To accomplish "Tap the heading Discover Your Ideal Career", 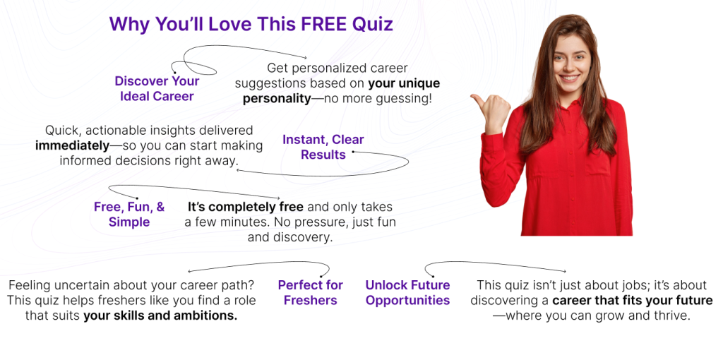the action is pos(157,88).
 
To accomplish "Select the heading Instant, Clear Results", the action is pos(323,147).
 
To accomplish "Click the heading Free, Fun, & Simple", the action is pos(129,215).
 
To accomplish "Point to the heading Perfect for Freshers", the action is pos(311,293).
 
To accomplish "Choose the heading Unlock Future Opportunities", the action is pos(407,293).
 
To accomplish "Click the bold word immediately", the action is pos(73,145).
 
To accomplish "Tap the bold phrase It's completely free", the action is pos(245,207).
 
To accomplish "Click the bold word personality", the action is pos(277,99).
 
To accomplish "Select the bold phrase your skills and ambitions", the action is pos(160,316).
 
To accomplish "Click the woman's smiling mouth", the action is pos(570,78).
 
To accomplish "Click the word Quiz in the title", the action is pos(373,23).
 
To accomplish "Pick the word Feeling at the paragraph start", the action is pos(31,285).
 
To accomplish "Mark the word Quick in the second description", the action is pos(62,131).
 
